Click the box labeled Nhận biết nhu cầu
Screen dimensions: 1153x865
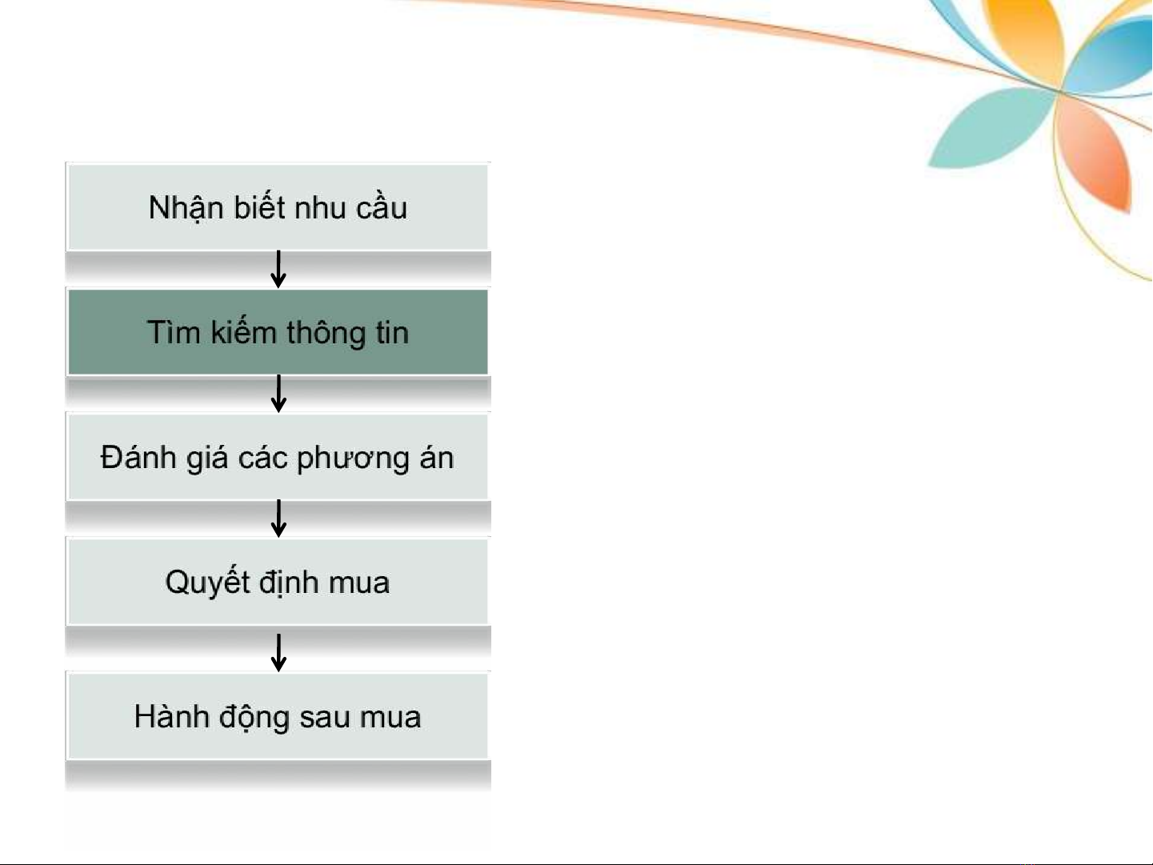click(x=278, y=207)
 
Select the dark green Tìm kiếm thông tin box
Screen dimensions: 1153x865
click(x=278, y=332)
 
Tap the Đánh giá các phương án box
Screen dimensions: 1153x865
click(x=278, y=457)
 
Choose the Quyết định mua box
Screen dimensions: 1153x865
click(x=278, y=582)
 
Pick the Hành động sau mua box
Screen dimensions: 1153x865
click(x=278, y=716)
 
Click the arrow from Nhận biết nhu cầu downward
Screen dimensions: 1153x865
click(x=278, y=270)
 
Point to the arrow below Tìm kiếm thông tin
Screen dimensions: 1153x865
click(x=278, y=394)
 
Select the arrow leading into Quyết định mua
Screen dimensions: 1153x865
click(x=278, y=519)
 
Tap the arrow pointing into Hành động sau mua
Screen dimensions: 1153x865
click(x=278, y=653)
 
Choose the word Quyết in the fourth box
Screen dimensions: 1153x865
click(x=207, y=582)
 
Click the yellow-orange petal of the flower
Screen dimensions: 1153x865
click(x=1024, y=39)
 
